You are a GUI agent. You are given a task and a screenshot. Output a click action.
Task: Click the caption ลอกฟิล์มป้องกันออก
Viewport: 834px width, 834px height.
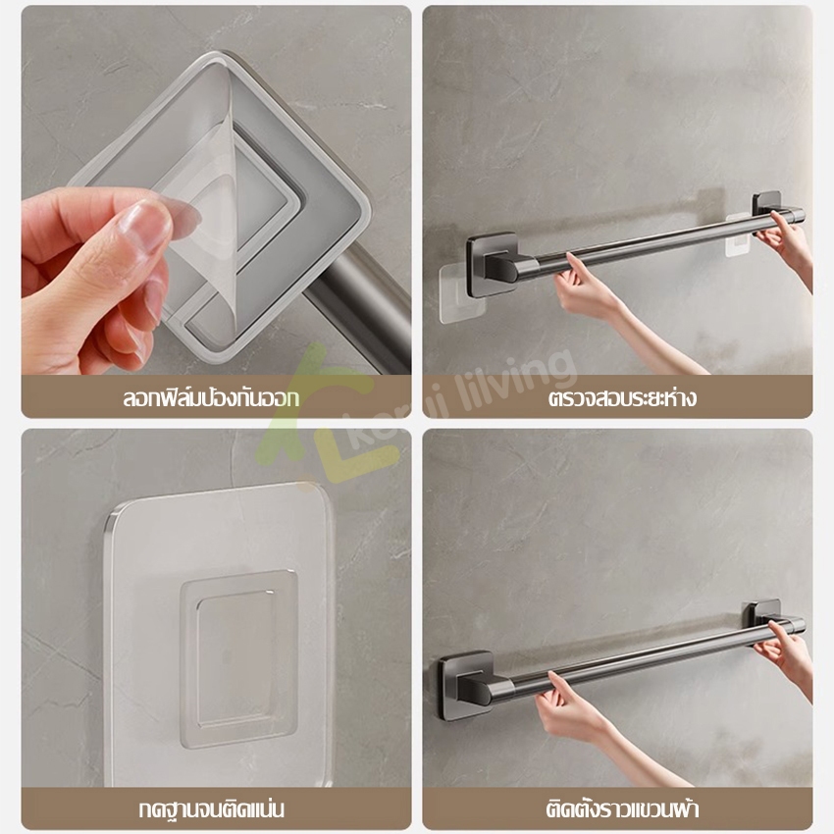pyautogui.click(x=211, y=397)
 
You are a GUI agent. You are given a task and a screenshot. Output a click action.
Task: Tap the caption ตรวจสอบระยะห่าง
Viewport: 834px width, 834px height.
pyautogui.click(x=622, y=397)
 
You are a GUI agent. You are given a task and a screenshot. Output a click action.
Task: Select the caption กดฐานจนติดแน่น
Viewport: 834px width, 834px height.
pyautogui.click(x=211, y=809)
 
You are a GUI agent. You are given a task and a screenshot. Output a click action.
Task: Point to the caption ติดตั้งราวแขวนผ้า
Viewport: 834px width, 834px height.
pyautogui.click(x=622, y=809)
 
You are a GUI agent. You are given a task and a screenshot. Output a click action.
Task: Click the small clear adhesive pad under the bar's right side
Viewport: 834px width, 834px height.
pyautogui.click(x=738, y=235)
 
